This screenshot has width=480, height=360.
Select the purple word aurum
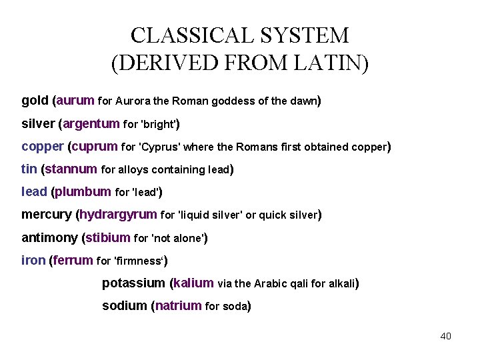(x=76, y=101)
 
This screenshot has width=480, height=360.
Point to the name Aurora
(x=133, y=102)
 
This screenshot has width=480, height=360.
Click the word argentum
(x=92, y=124)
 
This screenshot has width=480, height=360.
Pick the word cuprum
(x=94, y=147)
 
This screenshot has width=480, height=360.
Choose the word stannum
(x=71, y=169)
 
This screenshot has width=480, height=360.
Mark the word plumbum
(x=83, y=192)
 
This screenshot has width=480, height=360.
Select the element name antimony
(x=49, y=238)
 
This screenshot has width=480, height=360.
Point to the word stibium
(x=108, y=238)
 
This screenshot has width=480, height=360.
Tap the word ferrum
(x=73, y=261)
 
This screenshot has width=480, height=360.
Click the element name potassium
(x=133, y=283)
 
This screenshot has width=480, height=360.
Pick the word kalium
(x=194, y=283)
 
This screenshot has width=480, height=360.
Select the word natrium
(x=179, y=306)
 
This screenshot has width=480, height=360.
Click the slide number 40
(x=445, y=336)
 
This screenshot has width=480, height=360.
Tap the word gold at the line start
(x=35, y=101)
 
